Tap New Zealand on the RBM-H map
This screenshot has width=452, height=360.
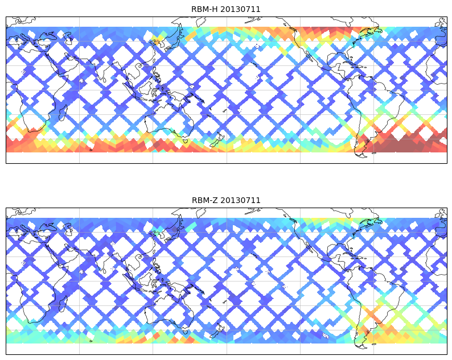tap(217, 139)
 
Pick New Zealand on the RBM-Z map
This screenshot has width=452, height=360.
tap(217, 330)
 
